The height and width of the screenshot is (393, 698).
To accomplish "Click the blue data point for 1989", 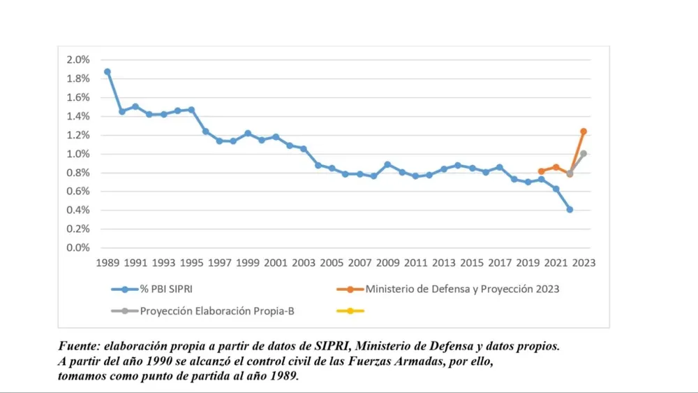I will pos(107,72).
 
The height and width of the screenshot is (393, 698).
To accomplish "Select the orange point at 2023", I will pos(584,131).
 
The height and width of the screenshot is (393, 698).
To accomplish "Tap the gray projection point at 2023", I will pos(584,153).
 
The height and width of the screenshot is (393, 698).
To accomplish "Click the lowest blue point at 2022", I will pos(570,209).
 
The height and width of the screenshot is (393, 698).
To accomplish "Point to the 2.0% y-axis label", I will pos(78,60).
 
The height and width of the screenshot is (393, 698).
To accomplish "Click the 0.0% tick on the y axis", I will pos(78,248).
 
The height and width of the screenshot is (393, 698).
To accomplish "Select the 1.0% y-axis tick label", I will pos(78,154).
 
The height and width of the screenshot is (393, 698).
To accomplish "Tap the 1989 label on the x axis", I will pos(107,263).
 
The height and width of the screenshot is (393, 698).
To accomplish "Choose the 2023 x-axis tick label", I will pos(584,263).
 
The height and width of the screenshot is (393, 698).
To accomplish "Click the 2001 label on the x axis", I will pos(276,263).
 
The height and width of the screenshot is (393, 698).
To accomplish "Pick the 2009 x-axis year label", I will pos(387,263).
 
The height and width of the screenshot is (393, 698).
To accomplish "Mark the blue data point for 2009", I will pos(387,164).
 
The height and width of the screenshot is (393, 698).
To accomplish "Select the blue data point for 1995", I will pos(191,110).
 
